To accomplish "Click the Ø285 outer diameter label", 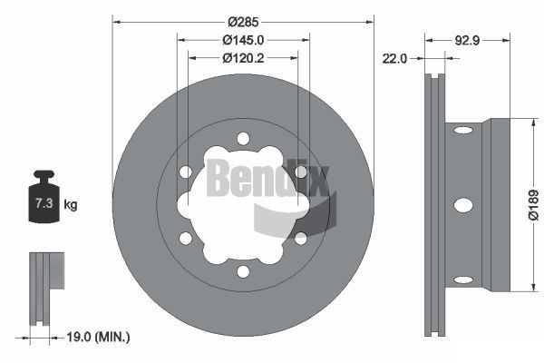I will [x=242, y=20].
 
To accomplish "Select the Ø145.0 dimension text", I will [x=242, y=40].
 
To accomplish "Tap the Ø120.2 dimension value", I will [x=242, y=58].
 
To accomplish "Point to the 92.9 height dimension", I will [x=466, y=40].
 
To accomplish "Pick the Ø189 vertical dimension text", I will [x=534, y=205].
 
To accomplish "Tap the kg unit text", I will [x=71, y=205].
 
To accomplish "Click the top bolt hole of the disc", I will [x=242, y=138].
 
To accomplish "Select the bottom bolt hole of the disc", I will [x=242, y=271].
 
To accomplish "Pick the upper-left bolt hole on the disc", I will [x=185, y=172].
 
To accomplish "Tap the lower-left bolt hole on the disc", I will [x=185, y=238].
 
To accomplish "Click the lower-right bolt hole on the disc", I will [x=300, y=238].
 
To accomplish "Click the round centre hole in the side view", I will [x=461, y=205].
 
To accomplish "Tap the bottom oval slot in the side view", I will [x=461, y=280].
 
